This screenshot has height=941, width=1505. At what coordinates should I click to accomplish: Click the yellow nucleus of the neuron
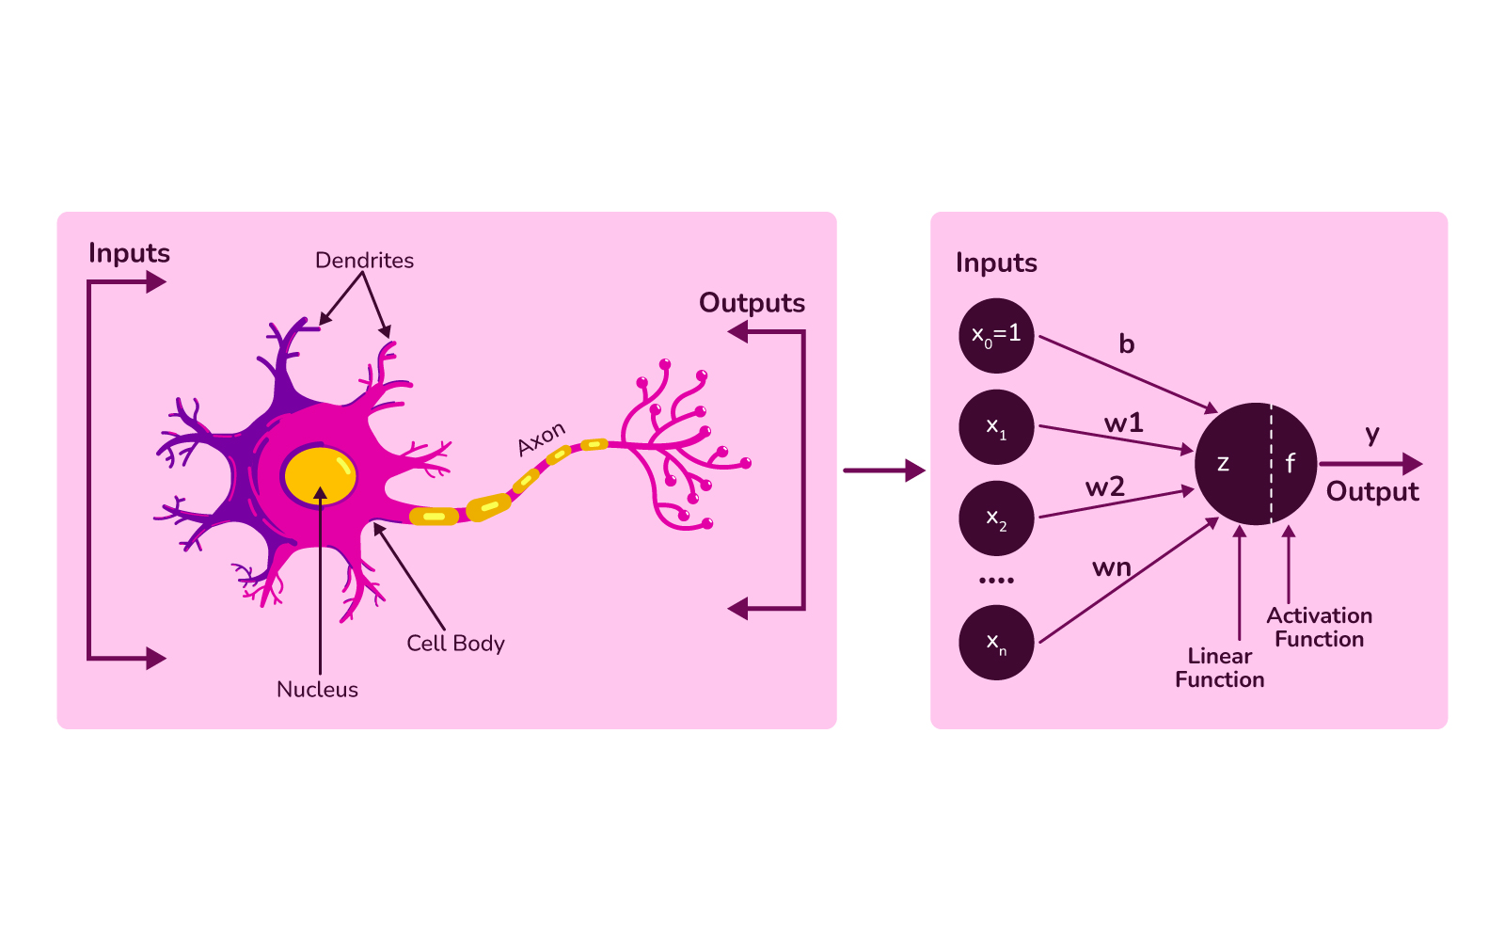[320, 475]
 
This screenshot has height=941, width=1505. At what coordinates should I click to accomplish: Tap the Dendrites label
[364, 261]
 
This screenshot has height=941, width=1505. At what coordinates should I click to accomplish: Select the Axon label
[542, 439]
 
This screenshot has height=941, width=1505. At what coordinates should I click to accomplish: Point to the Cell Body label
[455, 644]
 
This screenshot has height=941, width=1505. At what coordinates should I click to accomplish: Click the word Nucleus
[317, 690]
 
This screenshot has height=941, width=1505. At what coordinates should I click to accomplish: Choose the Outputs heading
[752, 303]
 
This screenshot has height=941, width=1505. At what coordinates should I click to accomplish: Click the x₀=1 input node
[996, 335]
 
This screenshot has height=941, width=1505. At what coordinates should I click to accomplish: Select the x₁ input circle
[996, 427]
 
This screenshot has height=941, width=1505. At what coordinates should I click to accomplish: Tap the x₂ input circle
[996, 518]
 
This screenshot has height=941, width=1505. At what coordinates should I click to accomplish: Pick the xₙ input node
[996, 643]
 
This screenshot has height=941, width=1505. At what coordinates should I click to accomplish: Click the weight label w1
[1123, 423]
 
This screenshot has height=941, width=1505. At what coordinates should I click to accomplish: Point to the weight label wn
[1111, 567]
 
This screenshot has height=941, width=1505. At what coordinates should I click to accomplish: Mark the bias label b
[1126, 344]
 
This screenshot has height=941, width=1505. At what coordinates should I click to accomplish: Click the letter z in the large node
[1223, 463]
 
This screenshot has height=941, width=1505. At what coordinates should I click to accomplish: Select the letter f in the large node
[1290, 463]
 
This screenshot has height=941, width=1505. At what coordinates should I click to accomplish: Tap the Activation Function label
[1319, 628]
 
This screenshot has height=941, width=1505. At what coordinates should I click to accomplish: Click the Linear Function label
[1219, 668]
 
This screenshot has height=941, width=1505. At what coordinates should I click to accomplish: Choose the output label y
[1372, 435]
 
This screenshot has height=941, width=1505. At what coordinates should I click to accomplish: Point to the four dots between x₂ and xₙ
[996, 580]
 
